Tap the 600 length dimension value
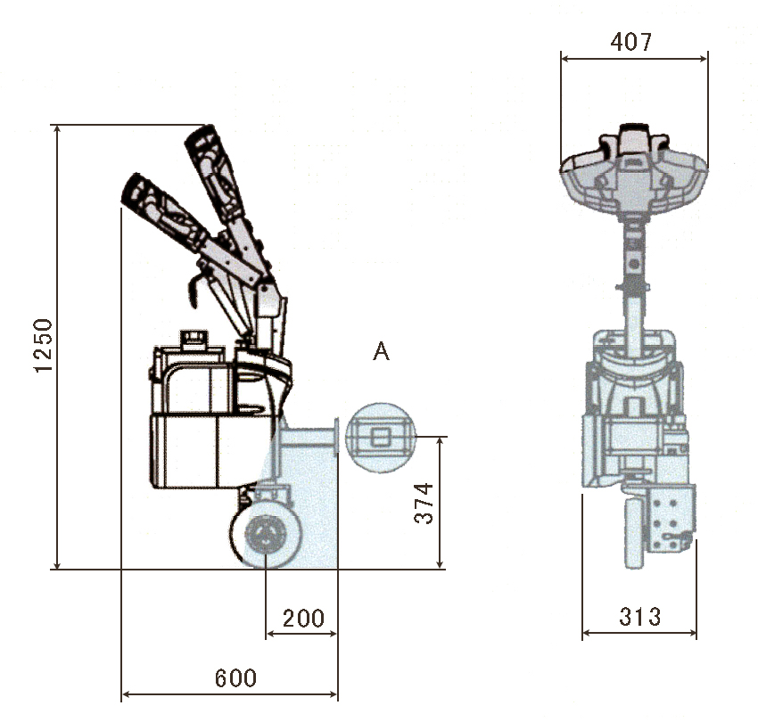(235, 678)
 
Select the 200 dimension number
(303, 619)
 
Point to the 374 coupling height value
(425, 503)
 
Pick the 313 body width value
(640, 616)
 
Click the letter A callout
(381, 352)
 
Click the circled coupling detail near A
(381, 436)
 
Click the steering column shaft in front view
(633, 267)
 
